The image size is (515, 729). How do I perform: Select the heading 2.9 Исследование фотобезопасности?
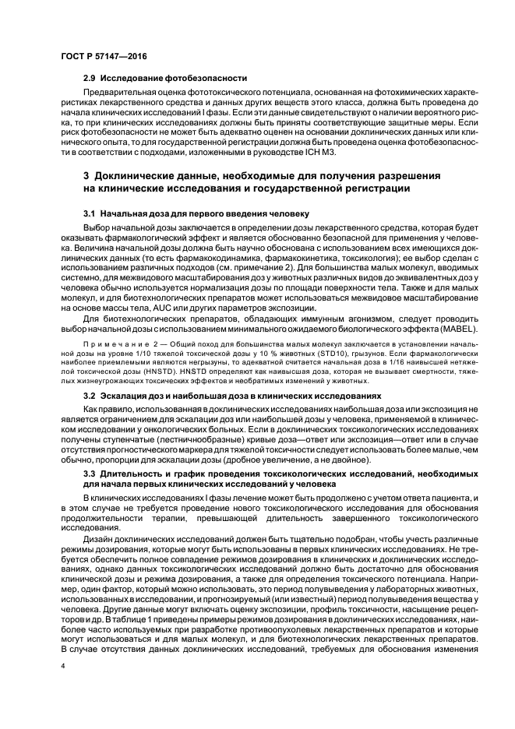click(x=165, y=78)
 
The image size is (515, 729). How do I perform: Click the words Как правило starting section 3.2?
click(x=105, y=408)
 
